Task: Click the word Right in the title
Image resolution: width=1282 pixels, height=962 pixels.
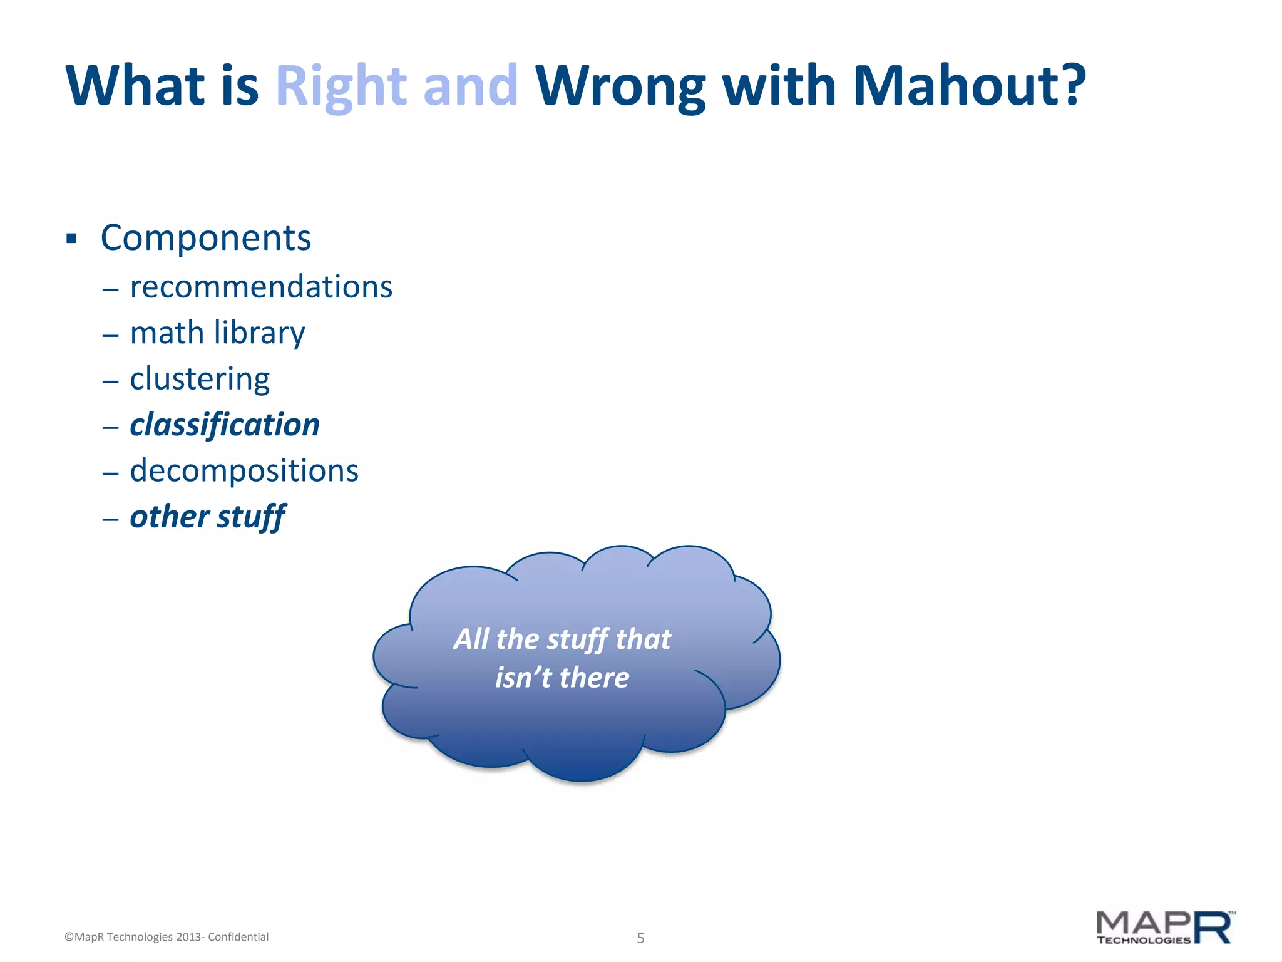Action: (341, 86)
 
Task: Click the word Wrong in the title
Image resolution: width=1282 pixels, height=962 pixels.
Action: (620, 86)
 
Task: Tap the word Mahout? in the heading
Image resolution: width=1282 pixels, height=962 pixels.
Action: (969, 86)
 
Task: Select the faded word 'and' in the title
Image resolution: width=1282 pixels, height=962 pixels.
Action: (470, 86)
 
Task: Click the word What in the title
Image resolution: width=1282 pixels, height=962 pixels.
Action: (135, 86)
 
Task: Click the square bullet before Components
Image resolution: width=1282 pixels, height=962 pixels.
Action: (71, 239)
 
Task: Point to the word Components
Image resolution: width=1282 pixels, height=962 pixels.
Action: (205, 239)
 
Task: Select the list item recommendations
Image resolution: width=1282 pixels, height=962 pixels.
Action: (261, 287)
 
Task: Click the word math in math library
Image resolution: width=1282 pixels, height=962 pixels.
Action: (167, 333)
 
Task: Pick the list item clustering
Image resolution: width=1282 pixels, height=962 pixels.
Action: (200, 379)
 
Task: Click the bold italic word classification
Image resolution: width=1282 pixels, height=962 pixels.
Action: (225, 425)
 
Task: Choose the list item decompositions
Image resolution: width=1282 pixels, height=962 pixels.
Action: (244, 471)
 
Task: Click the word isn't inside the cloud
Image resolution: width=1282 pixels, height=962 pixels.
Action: (523, 678)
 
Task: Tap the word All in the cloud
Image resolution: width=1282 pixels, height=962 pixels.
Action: (471, 639)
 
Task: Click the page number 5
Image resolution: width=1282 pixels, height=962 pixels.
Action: (640, 938)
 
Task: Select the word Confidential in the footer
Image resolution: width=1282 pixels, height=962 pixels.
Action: (238, 937)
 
